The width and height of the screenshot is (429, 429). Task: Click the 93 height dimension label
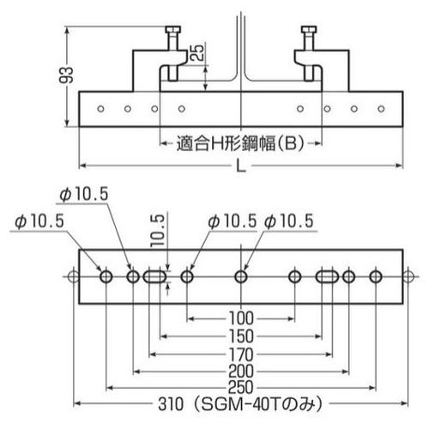point(66,75)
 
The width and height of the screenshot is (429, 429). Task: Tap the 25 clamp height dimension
point(197,52)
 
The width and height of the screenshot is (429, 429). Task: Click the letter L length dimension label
point(241,166)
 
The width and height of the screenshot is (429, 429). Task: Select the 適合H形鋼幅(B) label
point(239,143)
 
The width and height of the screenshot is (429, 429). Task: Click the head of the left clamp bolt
point(173,29)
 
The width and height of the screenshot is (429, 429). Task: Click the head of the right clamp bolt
point(309,29)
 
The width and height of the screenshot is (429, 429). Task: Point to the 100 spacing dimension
point(241,318)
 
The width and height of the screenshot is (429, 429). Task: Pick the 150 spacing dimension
point(241,336)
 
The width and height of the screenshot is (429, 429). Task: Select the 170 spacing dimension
point(241,354)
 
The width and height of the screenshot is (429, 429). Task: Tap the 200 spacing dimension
point(241,372)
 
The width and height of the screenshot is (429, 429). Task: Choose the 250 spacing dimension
point(241,387)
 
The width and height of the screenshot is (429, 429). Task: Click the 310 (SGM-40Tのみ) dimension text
point(240,404)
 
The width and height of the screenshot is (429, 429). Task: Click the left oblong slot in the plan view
point(154,277)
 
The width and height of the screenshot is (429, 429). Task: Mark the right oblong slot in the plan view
point(327,277)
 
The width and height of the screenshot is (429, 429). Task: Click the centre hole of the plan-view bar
point(241,277)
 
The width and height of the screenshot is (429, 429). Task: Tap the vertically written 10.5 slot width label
point(158,231)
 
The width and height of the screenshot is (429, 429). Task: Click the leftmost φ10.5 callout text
point(39,221)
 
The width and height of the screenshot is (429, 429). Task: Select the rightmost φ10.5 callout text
point(289,221)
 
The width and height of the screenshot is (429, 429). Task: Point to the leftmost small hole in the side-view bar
point(100,109)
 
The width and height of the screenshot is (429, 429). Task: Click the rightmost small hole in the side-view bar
point(381,109)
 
